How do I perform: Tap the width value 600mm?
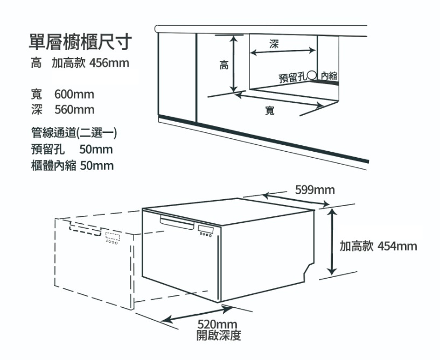pos(74,95)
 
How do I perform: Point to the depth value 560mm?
pos(74,110)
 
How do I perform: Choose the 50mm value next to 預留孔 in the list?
pos(96,149)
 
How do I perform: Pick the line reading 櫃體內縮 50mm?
pos(73,165)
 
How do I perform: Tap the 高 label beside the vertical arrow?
pos(224,66)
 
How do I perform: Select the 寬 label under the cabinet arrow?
pos(270,110)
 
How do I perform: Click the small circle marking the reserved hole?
pos(311,76)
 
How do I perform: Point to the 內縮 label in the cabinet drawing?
pos(329,76)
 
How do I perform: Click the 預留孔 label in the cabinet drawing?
pos(292,77)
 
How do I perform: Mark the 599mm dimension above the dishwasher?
pos(315,190)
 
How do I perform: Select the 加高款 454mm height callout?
pos(378,246)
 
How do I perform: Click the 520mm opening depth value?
pos(218,324)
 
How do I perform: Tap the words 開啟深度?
pos(219,336)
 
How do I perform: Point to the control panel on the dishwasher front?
pos(206,233)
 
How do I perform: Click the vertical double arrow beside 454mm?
pos(332,242)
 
